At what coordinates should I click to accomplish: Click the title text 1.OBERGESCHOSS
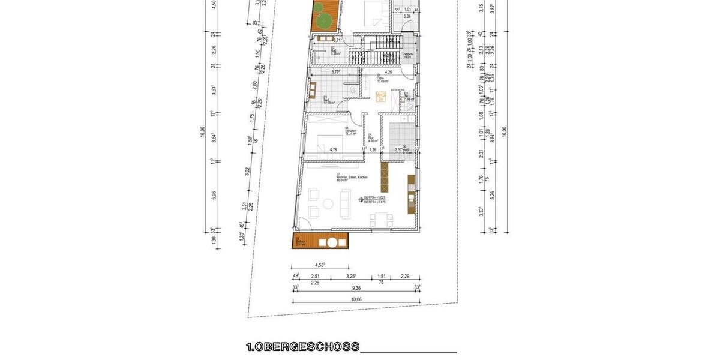303,347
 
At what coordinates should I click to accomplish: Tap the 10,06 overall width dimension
357,299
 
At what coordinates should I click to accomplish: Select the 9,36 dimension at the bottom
357,287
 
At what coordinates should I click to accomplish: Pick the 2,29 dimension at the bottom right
405,276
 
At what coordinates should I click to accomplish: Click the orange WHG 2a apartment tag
380,98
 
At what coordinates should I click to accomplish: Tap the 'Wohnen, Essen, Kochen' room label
352,178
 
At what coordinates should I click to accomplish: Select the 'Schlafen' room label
351,131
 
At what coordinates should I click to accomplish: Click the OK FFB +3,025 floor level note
375,199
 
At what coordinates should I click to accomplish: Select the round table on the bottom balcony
330,243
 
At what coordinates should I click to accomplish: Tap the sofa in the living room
344,203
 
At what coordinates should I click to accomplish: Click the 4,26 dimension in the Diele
388,72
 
